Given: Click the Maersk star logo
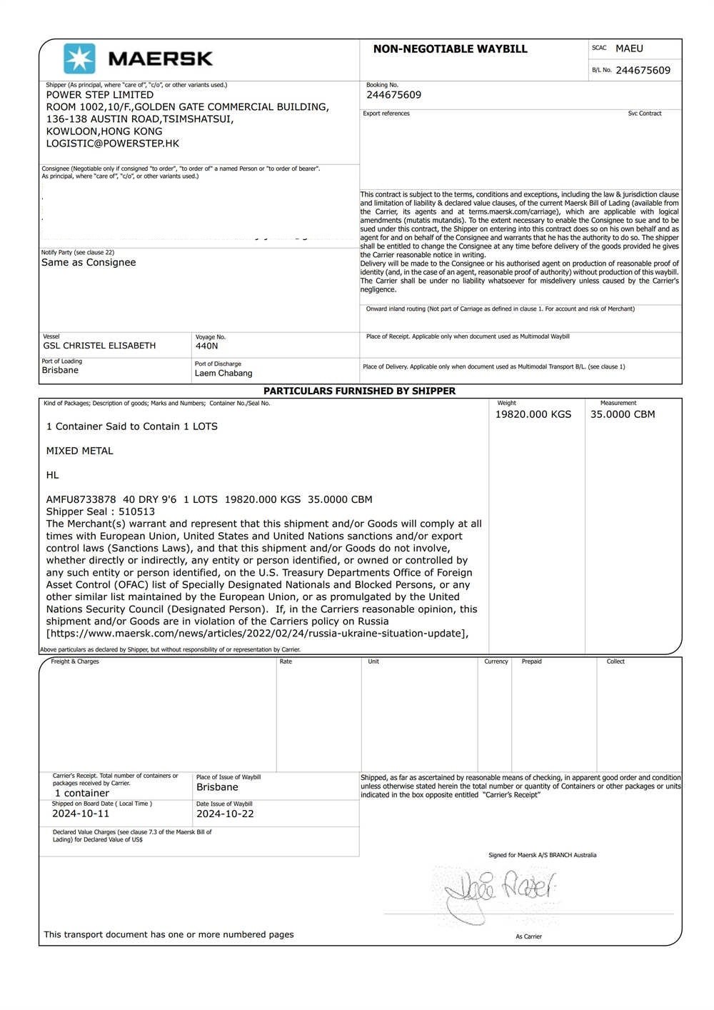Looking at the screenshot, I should [79, 59].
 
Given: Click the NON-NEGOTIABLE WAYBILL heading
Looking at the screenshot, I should [450, 49].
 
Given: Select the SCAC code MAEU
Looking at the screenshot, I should [629, 49].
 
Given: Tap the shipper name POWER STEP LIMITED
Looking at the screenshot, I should [100, 95].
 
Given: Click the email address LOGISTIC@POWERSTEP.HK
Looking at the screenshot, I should [113, 144].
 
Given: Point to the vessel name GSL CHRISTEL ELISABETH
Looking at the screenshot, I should [99, 346].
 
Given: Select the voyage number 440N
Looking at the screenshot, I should [207, 346].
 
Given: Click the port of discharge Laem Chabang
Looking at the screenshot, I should [223, 373].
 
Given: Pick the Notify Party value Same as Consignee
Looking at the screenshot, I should [89, 262].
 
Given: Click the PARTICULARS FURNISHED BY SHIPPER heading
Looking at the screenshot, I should [359, 391].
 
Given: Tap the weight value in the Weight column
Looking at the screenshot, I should [533, 414].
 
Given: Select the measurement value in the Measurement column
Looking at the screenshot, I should [622, 414].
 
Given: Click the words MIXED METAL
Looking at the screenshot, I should [80, 451].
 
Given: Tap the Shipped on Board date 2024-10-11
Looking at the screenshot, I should [81, 814].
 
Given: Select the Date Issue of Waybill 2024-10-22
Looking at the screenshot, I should [225, 814].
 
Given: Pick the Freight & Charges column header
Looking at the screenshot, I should [75, 661].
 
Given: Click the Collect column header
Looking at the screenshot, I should [615, 661].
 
